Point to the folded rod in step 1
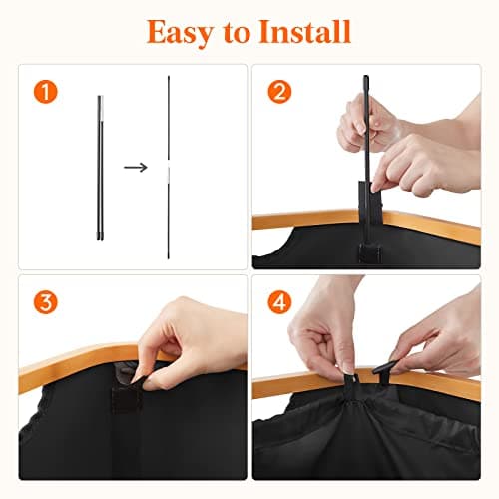(101, 170)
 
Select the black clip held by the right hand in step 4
(387, 371)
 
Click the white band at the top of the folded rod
(101, 99)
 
